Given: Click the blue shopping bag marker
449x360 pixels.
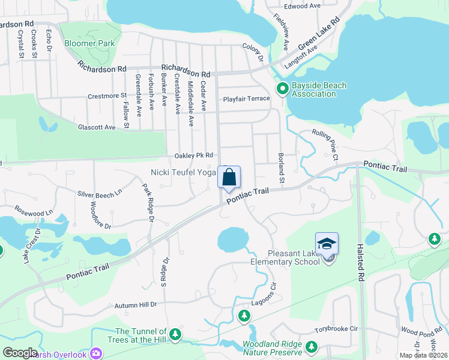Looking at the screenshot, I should [x=229, y=178].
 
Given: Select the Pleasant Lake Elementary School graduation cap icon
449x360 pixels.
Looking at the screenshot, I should [x=327, y=244].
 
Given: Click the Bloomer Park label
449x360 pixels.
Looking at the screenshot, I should [x=89, y=44].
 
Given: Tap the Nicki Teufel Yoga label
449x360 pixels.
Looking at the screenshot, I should [x=182, y=172].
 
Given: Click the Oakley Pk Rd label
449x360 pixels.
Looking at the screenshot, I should [x=194, y=155].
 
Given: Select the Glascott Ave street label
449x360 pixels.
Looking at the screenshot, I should [x=96, y=127].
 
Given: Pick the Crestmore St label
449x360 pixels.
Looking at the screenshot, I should [x=107, y=95].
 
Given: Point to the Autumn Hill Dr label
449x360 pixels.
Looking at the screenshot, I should [x=136, y=305].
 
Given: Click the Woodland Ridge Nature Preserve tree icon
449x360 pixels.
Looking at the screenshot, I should [x=311, y=347].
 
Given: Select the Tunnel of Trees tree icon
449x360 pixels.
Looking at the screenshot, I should [x=175, y=334].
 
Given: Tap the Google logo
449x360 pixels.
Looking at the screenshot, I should [x=20, y=353].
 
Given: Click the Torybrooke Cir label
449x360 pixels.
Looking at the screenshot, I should [x=337, y=329].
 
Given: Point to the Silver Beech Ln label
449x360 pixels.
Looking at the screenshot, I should [x=100, y=194].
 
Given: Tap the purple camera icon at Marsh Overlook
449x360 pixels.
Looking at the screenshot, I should [x=95, y=353].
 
